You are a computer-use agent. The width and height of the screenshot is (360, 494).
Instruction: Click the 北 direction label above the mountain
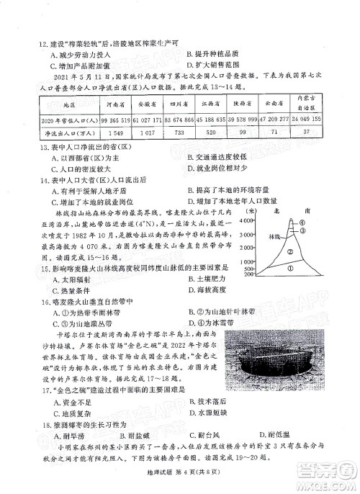[x=278, y=212]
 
